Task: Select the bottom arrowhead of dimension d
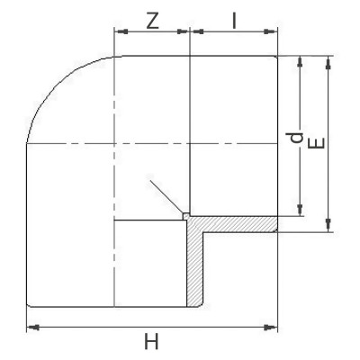(x=300, y=211)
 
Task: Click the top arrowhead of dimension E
(x=330, y=61)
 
